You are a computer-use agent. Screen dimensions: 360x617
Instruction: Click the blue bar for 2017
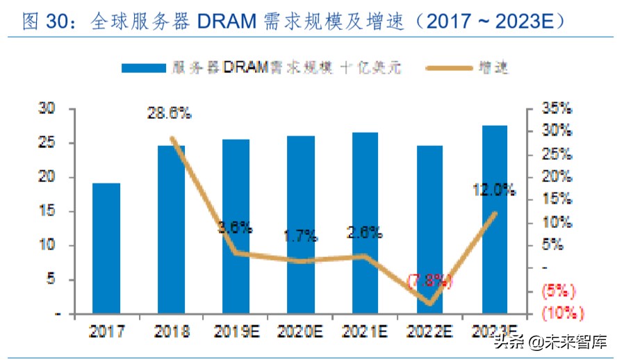coord(106,248)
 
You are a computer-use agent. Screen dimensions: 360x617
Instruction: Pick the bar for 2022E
coord(429,229)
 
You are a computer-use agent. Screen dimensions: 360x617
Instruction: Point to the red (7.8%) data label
coord(429,281)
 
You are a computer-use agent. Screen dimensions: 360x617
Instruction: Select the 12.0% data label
coord(493,189)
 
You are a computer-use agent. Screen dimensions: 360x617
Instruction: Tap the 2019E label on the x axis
coord(235,332)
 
